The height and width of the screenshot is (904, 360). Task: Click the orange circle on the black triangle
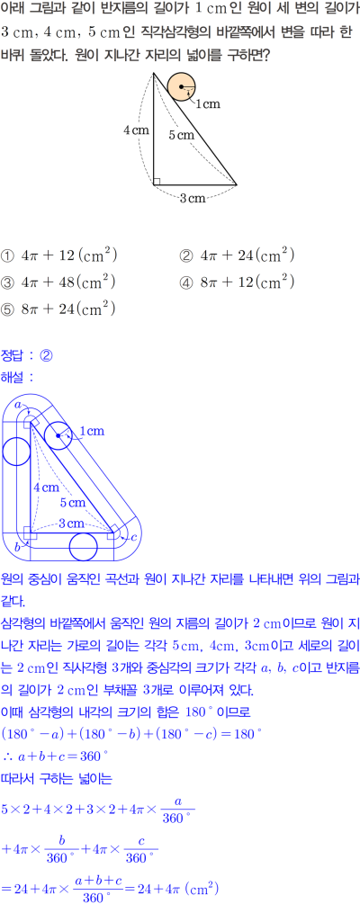coord(183,86)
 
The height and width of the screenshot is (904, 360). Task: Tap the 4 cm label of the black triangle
coord(137,130)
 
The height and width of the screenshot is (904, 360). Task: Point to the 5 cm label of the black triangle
coord(182,135)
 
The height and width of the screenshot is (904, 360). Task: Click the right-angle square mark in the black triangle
coord(157,182)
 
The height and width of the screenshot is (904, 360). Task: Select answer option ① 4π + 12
coord(59,255)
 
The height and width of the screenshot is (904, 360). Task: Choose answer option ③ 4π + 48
coord(59,282)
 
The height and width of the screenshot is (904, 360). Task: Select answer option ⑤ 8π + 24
coord(59,309)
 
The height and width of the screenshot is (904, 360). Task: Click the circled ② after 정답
coord(46,355)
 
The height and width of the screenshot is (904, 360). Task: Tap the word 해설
coord(13,377)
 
